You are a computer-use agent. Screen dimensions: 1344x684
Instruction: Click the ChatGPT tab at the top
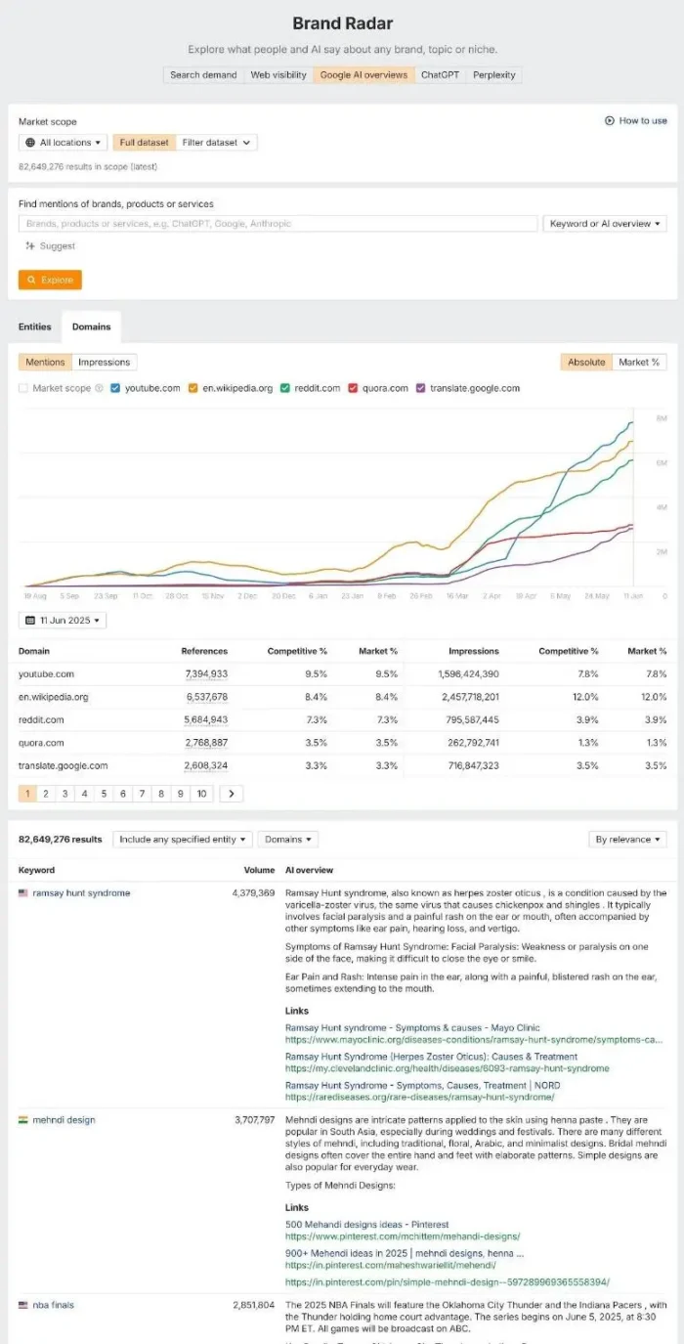[441, 74]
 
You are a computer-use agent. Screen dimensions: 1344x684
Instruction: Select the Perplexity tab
[494, 74]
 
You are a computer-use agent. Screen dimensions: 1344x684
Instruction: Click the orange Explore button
[50, 280]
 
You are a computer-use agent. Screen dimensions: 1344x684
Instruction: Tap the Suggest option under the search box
[51, 246]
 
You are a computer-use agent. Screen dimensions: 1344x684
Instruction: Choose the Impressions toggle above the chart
[104, 362]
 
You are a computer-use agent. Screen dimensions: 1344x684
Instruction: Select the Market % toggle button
[639, 362]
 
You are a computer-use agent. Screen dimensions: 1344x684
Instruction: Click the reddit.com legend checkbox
[285, 388]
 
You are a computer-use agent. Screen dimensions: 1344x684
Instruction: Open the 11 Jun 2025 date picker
[63, 621]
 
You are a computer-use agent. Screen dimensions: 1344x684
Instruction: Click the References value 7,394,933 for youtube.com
[206, 674]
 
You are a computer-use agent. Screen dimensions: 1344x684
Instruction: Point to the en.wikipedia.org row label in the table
[54, 697]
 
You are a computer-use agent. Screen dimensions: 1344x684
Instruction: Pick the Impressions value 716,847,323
[465, 765]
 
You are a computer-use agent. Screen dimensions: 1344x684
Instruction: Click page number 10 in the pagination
[201, 794]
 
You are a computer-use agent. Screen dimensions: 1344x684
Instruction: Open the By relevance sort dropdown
[628, 840]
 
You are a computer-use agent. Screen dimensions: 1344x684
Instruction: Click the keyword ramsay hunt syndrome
[80, 893]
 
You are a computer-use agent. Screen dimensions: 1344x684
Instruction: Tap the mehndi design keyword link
[64, 1120]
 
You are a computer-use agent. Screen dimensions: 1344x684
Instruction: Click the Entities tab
[35, 326]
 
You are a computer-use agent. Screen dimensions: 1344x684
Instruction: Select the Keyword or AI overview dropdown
[604, 224]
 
